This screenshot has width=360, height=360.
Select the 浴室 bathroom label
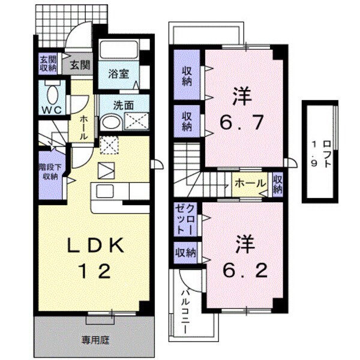tap(119, 74)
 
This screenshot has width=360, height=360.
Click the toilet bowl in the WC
tap(52, 94)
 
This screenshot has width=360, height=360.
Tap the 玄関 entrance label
tap(79, 65)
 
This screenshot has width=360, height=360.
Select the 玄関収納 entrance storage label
tap(48, 63)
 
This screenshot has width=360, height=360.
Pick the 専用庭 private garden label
tap(96, 340)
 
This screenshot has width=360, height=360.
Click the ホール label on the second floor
tap(247, 184)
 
